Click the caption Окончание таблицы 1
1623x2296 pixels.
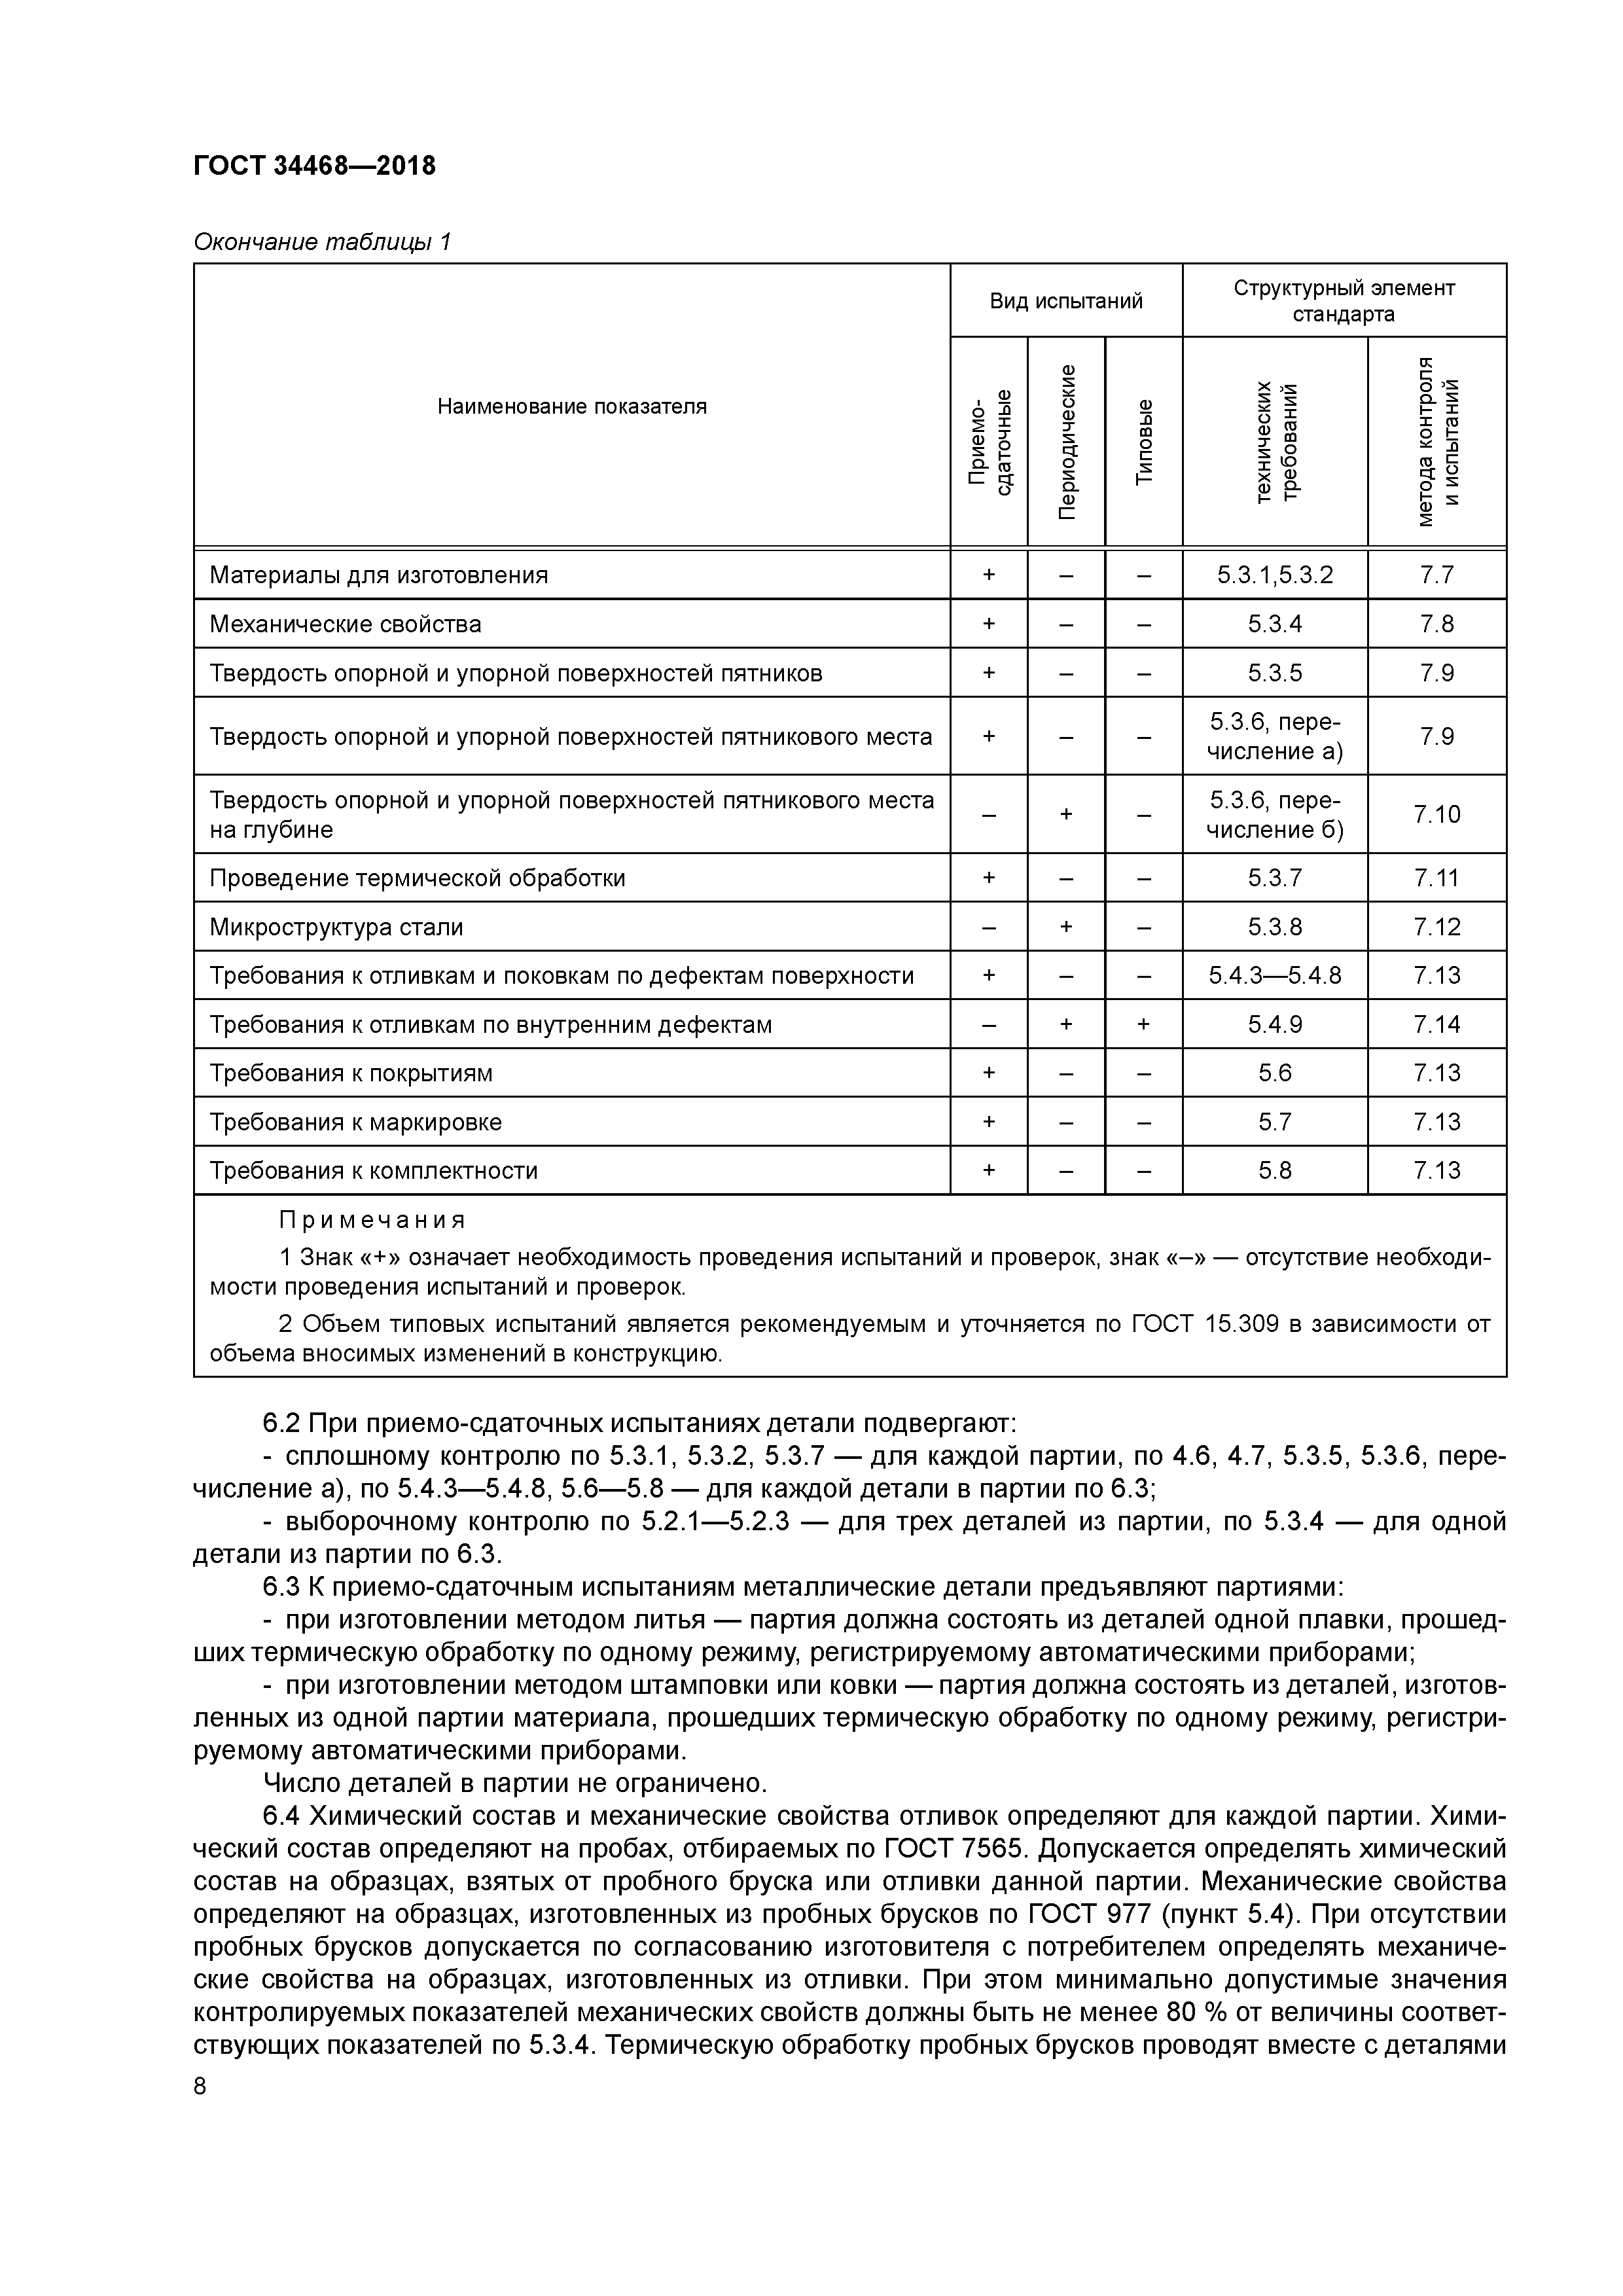click(322, 242)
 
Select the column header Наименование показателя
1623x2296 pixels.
click(571, 406)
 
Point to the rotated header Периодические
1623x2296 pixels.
click(1067, 442)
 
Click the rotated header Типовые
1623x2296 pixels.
click(1144, 442)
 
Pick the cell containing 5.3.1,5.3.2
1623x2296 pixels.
click(1274, 575)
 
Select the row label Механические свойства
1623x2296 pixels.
click(345, 624)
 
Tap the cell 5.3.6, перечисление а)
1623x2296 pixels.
click(1274, 736)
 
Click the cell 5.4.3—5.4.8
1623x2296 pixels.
click(1274, 975)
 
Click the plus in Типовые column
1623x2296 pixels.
click(1144, 1024)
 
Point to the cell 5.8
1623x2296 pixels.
click(1274, 1170)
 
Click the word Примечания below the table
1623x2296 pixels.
click(372, 1220)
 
